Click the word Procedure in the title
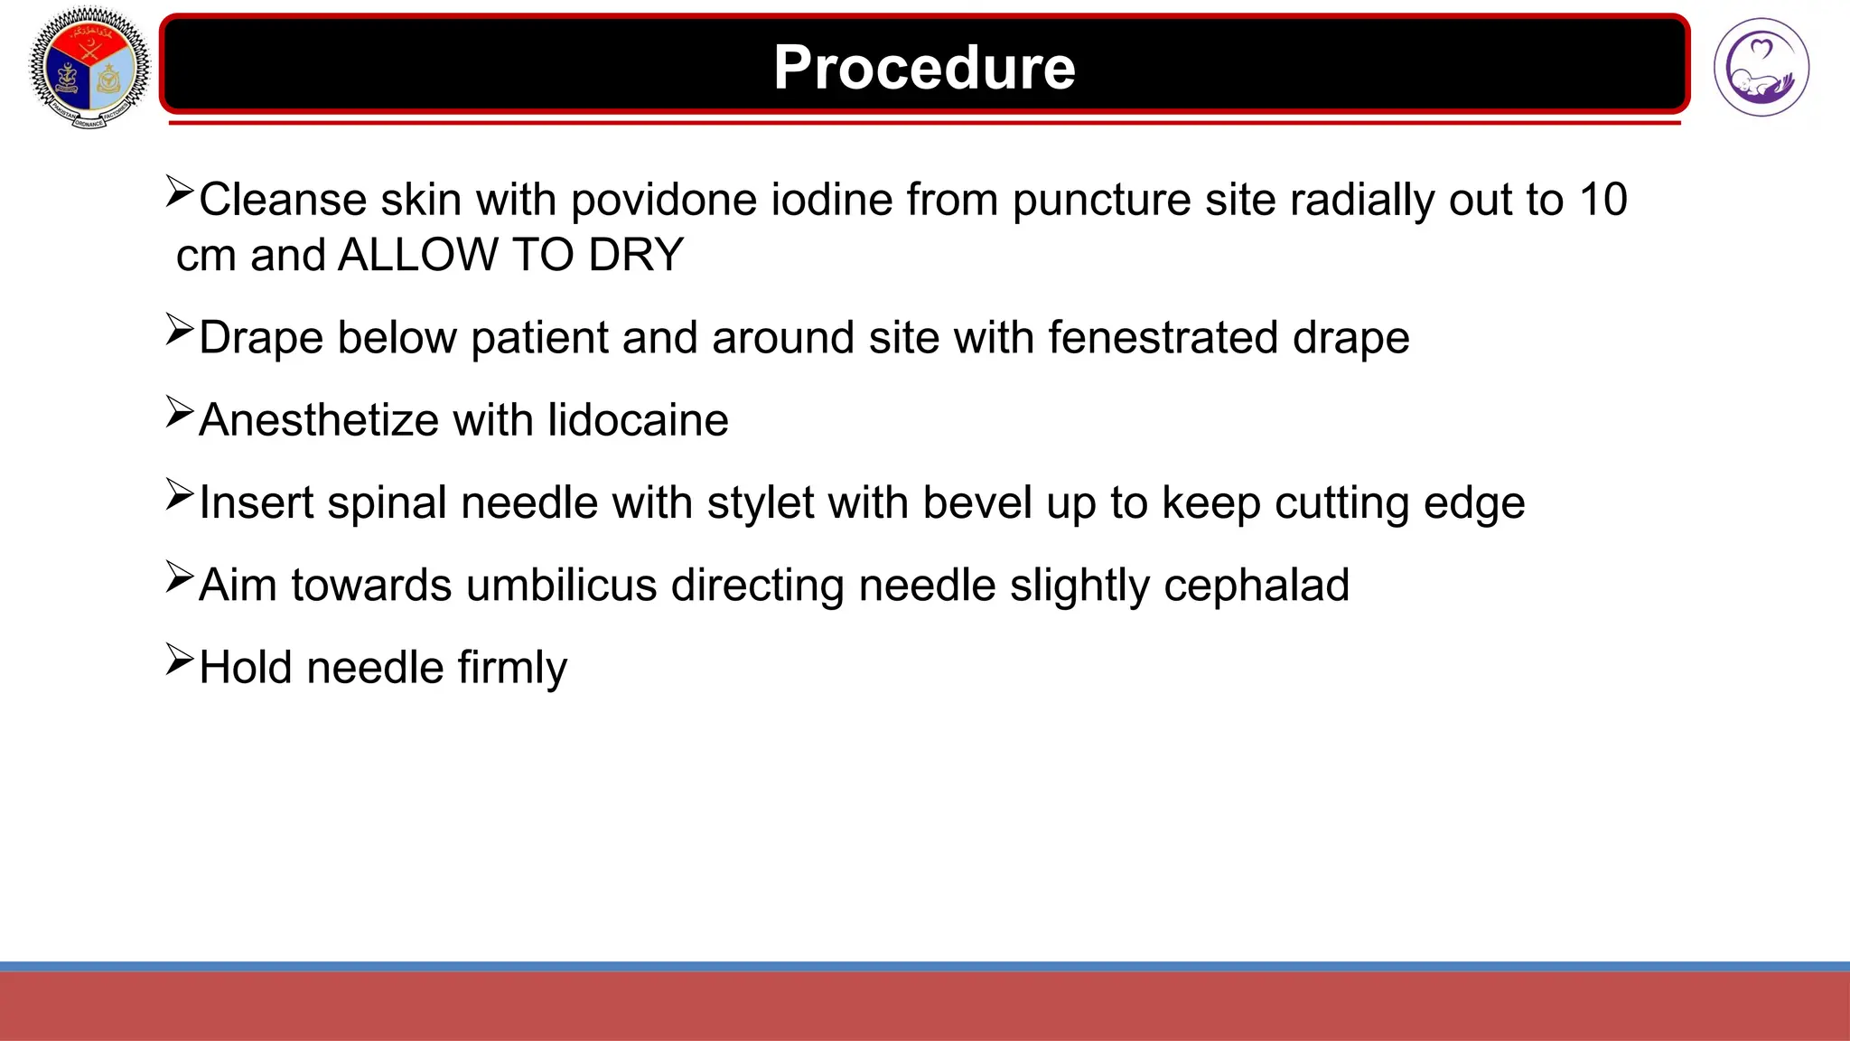[924, 68]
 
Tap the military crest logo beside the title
[89, 68]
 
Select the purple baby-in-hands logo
[1761, 68]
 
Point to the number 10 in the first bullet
[1603, 200]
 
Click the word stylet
[761, 502]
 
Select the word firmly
[512, 668]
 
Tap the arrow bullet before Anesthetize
[180, 412]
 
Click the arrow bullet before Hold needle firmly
[180, 660]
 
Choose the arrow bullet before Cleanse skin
[180, 192]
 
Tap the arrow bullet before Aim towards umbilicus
[180, 577]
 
